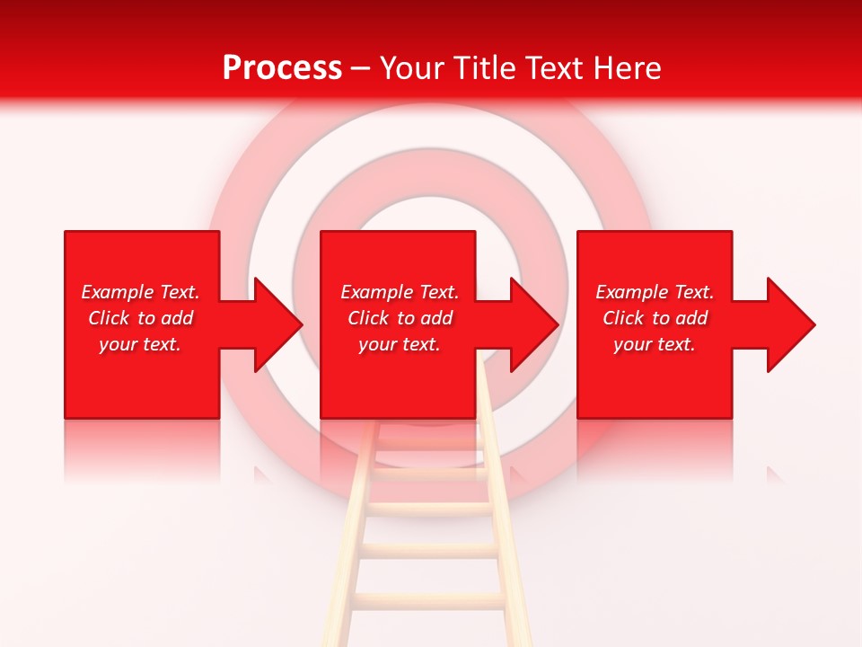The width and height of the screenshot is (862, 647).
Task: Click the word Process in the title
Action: (x=282, y=68)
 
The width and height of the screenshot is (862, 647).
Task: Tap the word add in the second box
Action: (x=436, y=318)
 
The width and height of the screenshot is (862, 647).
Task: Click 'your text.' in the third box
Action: (x=655, y=344)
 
